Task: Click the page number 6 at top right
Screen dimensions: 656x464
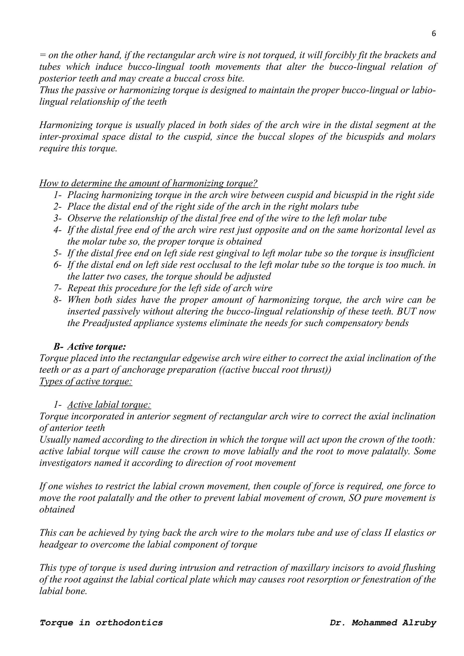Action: click(433, 34)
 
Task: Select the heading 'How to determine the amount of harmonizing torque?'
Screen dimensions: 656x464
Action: click(148, 183)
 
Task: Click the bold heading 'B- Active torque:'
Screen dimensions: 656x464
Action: click(90, 347)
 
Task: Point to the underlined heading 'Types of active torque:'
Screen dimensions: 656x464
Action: click(86, 381)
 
